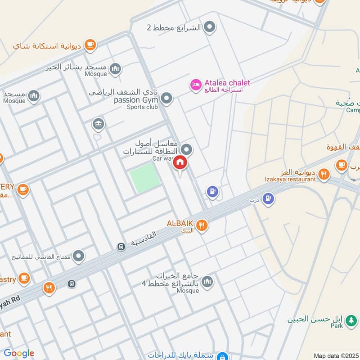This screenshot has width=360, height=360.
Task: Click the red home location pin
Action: click(180, 163)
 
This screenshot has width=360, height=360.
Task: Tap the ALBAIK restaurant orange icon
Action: click(202, 225)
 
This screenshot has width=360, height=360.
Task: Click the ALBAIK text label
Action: click(180, 223)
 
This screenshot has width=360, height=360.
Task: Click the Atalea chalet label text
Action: click(227, 83)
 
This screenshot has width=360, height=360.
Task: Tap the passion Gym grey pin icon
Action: click(166, 98)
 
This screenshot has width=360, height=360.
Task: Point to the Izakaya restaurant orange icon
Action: click(323, 175)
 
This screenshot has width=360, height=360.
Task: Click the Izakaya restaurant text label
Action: click(290, 179)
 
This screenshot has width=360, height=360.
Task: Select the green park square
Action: click(145, 178)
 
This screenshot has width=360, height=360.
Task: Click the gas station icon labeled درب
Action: click(268, 198)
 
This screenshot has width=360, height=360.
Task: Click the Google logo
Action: click(19, 353)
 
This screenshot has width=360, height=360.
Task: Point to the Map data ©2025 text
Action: click(336, 355)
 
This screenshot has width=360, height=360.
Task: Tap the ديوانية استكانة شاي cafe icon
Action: click(90, 45)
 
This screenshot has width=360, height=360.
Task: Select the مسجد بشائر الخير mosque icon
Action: click(115, 69)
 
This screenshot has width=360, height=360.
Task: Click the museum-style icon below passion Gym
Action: click(98, 123)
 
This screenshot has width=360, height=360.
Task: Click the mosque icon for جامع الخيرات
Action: click(207, 282)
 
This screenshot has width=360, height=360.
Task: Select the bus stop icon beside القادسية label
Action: click(121, 247)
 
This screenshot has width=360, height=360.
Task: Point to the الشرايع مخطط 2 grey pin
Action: click(209, 27)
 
